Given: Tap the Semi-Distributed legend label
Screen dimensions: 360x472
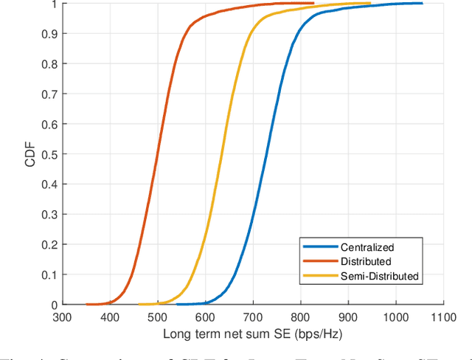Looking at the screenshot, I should coord(379,276).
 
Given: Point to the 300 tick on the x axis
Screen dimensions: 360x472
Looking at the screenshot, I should coord(63,317).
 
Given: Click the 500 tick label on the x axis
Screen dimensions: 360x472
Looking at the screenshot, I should coord(158,317).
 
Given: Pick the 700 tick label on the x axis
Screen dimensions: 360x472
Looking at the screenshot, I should coord(253,317).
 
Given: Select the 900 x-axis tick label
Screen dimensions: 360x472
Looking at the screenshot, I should coord(348,317).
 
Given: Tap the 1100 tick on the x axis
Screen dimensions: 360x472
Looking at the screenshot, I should coord(442,317).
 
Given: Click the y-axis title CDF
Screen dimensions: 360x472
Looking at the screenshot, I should coord(29,153).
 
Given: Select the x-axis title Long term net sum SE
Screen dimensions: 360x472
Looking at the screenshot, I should coord(253,333).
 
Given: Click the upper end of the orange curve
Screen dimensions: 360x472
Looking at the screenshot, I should coord(313,3).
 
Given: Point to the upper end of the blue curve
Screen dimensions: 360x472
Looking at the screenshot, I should coord(422,3).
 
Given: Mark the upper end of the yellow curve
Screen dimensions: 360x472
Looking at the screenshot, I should coord(370,3).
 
